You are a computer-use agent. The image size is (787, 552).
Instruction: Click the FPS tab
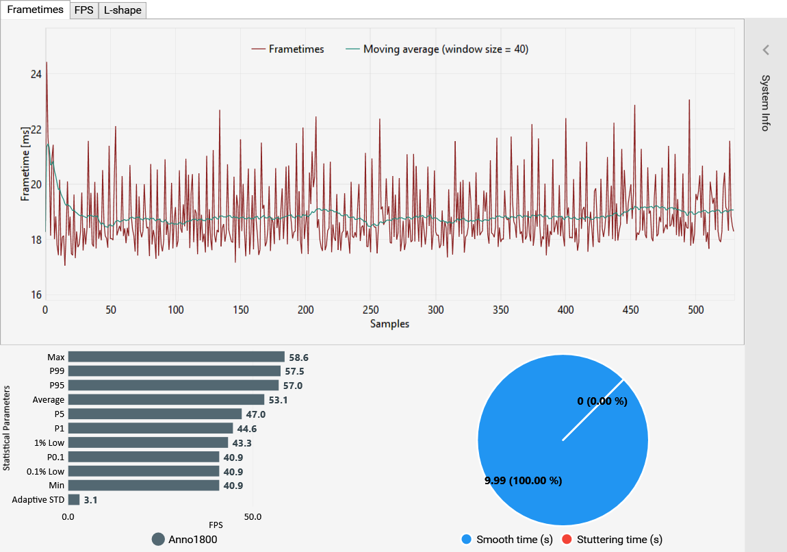[x=83, y=10]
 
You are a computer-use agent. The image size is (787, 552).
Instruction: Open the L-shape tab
[x=122, y=10]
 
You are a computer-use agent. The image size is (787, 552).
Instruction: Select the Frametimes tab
[x=35, y=10]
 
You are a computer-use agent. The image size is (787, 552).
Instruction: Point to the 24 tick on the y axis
[x=36, y=75]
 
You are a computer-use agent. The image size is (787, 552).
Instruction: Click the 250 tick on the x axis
[x=371, y=310]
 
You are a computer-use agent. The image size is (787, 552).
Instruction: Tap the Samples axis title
[x=389, y=324]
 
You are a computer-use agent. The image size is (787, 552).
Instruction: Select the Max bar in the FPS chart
[x=176, y=357]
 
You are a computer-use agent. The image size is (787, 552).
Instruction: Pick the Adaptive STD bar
[x=74, y=500]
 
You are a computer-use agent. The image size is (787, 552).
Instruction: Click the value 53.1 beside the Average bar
[x=277, y=400]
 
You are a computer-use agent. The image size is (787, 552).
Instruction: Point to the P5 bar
[x=155, y=414]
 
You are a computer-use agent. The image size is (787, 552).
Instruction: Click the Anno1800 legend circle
[x=158, y=539]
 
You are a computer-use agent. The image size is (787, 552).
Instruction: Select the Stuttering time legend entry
[x=611, y=540]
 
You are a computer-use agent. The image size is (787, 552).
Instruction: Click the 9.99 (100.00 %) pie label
[x=523, y=481]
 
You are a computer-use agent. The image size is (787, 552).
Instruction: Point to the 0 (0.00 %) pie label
[x=602, y=401]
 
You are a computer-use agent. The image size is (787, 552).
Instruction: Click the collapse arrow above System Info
[x=766, y=49]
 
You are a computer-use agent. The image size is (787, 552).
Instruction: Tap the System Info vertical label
[x=766, y=103]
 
